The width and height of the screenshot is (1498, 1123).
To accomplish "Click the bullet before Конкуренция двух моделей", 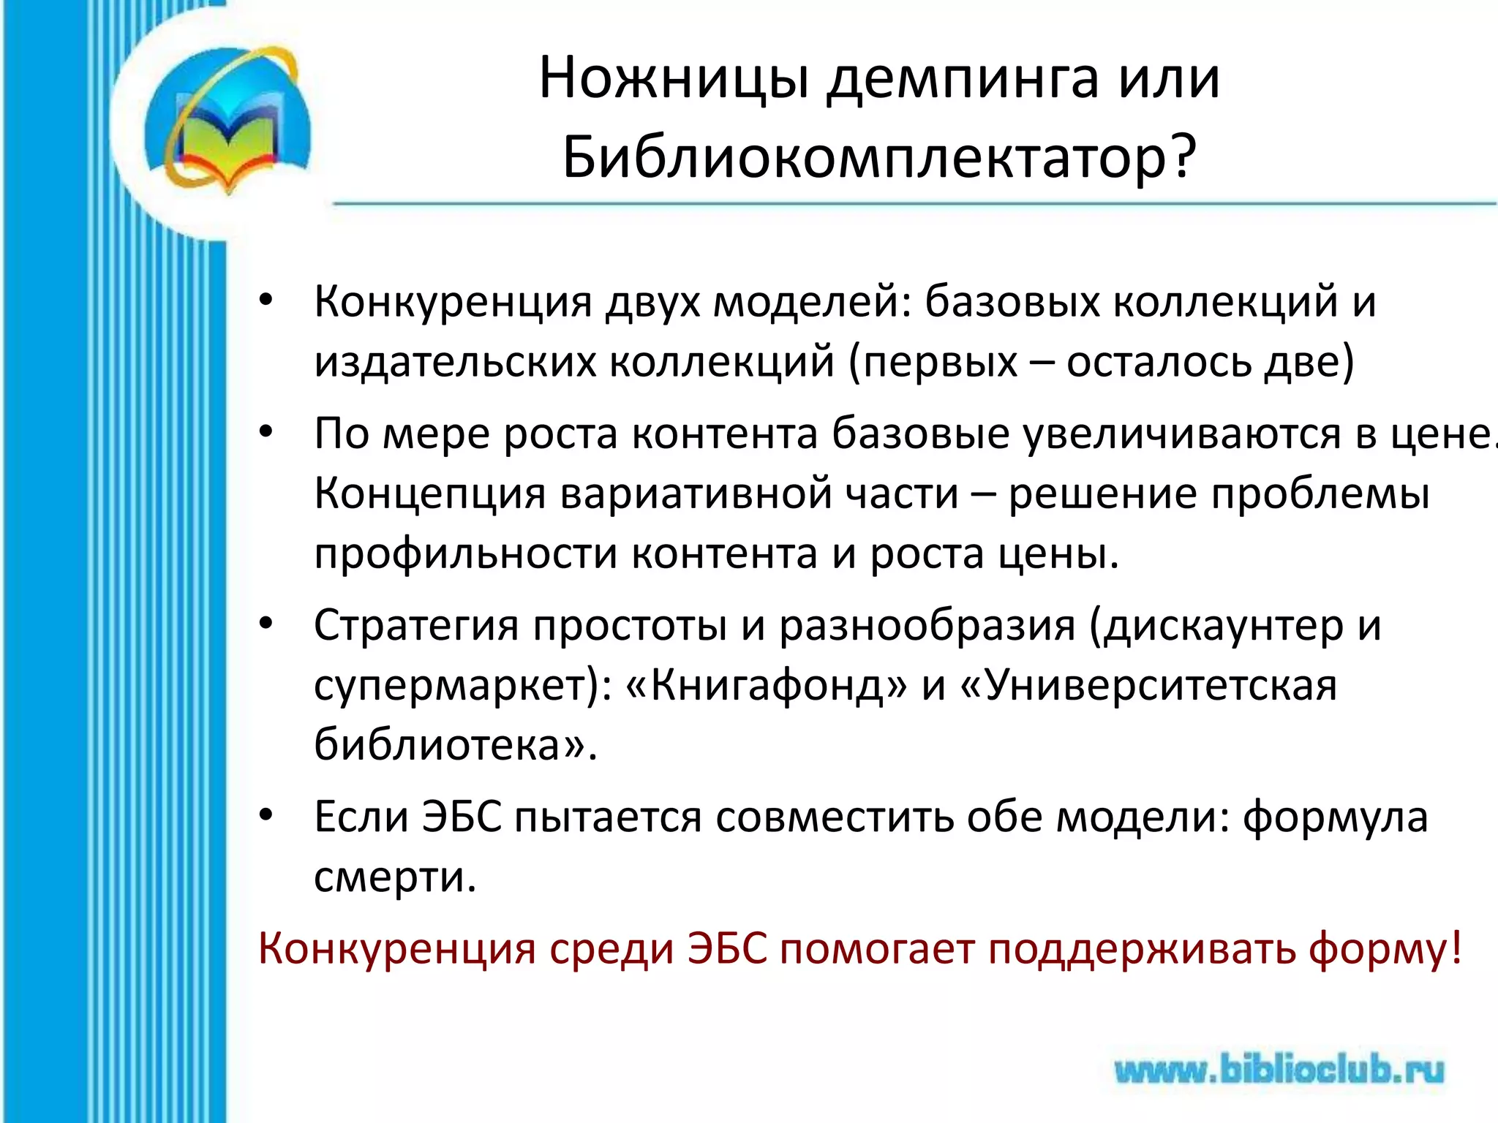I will (266, 300).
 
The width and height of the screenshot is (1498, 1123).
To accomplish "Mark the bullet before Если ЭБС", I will (266, 814).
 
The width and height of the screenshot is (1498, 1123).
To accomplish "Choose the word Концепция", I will (430, 494).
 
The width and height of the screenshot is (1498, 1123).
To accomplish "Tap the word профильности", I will (466, 554).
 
